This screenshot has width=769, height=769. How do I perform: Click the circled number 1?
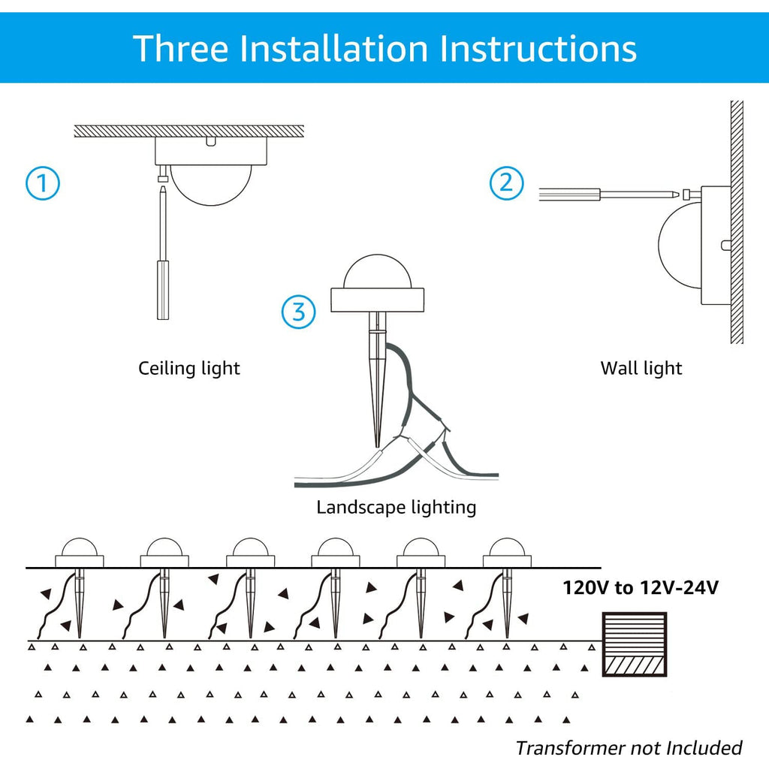43,184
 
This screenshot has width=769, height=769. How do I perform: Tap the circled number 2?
507,183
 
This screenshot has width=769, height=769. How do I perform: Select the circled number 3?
299,312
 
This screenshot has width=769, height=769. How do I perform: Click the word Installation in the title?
335,48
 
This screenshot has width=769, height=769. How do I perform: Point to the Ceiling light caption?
188,369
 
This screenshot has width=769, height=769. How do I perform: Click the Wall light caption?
641,369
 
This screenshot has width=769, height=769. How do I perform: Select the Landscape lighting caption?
396,508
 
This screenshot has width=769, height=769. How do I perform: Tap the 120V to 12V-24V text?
641,587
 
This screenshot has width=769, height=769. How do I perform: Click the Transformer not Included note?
629,748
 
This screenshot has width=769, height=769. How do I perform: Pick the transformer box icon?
635,644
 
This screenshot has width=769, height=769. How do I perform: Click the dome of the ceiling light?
211,183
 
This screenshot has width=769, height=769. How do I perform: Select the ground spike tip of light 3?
378,443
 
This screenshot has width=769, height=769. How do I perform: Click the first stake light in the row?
80,556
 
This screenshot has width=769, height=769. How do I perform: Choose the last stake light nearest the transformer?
507,556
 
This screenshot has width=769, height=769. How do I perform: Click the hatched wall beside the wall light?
737,225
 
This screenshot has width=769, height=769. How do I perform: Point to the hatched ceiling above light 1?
188,131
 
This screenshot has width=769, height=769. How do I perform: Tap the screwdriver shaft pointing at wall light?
638,195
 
